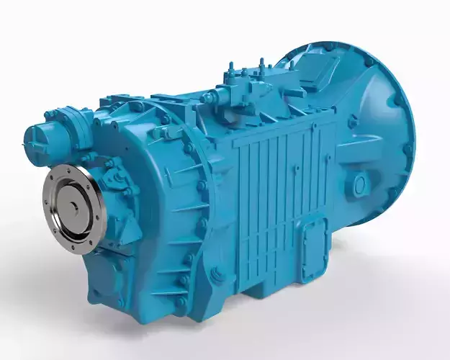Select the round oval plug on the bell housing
pyautogui.click(x=359, y=186)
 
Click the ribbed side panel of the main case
pyautogui.click(x=270, y=194)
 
